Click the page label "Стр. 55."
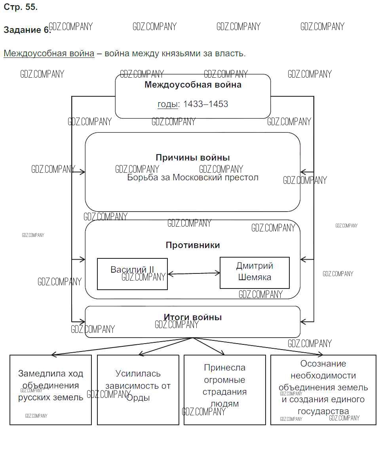pyautogui.click(x=21, y=7)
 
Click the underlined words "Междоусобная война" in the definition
pyautogui.click(x=49, y=53)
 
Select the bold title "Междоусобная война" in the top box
pyautogui.click(x=193, y=84)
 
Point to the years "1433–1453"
pyautogui.click(x=205, y=104)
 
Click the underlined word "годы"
pyautogui.click(x=167, y=104)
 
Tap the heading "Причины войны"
pyautogui.click(x=193, y=157)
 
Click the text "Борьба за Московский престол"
pyautogui.click(x=193, y=178)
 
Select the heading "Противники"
pyautogui.click(x=193, y=245)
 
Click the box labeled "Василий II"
pyautogui.click(x=132, y=274)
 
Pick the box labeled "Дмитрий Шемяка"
pyautogui.click(x=255, y=273)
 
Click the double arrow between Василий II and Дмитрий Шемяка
pyautogui.click(x=194, y=273)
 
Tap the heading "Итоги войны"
pyautogui.click(x=193, y=317)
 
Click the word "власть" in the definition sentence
pyautogui.click(x=231, y=53)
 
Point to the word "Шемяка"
pyautogui.click(x=255, y=277)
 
